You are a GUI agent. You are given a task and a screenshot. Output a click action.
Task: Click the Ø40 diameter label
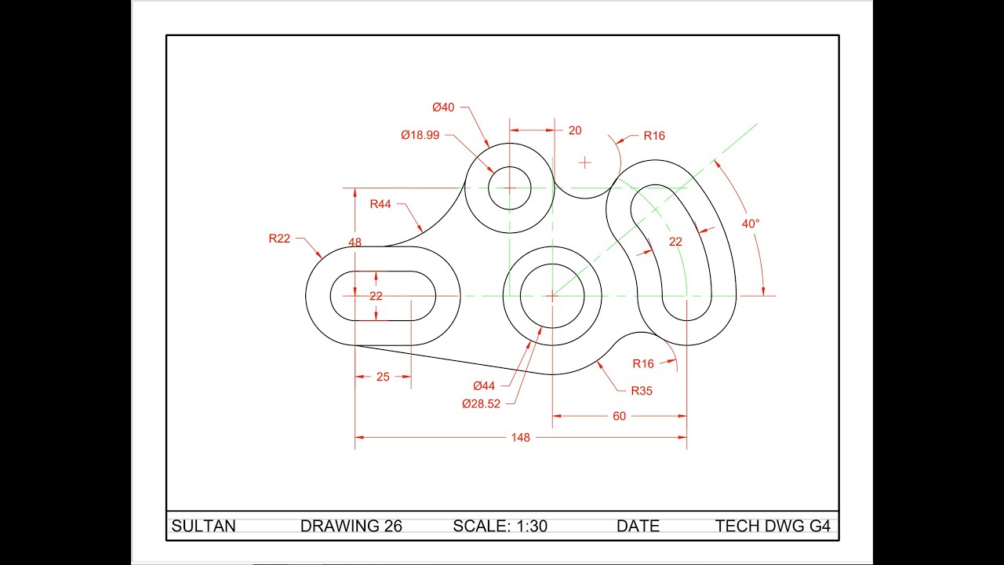[x=443, y=108]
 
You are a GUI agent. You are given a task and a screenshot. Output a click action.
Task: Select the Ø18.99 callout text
[x=420, y=135]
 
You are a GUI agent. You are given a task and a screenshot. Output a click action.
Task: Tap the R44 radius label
[x=380, y=204]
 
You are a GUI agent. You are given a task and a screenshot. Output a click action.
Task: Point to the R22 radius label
[x=279, y=238]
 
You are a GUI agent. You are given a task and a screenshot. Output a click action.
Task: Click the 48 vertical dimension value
[x=355, y=242]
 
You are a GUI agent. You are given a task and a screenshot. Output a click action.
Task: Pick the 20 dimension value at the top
[x=575, y=130]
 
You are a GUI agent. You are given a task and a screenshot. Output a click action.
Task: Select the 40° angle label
[x=751, y=224]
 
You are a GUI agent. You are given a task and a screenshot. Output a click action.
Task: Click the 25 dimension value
[x=383, y=377]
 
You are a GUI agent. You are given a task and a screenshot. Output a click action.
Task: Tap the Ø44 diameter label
[x=484, y=385]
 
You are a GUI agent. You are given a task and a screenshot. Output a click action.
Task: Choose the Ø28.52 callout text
[x=481, y=403]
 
